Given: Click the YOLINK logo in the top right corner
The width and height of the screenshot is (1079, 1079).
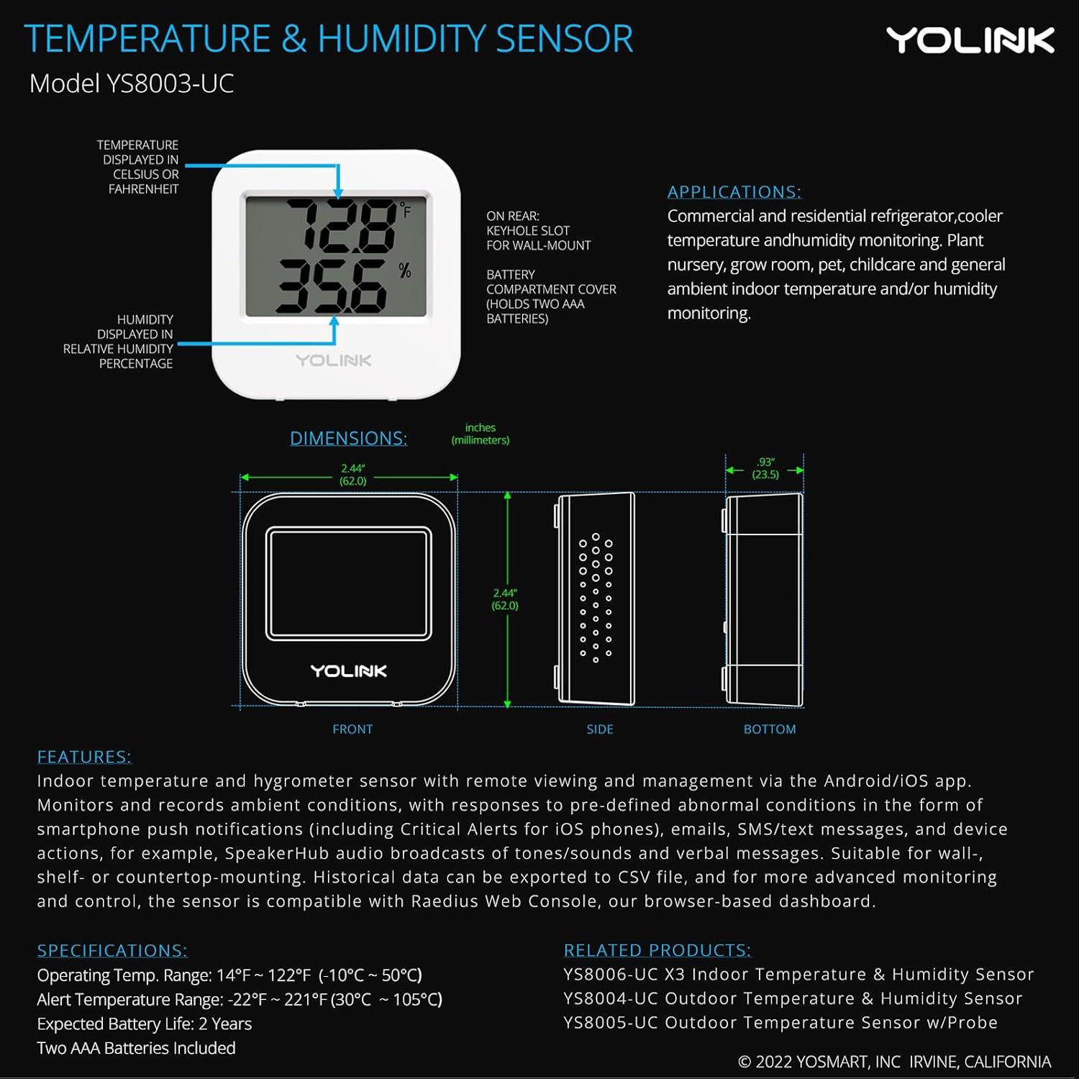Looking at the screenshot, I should click(x=970, y=40).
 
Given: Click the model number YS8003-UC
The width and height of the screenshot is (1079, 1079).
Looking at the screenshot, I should click(x=170, y=83).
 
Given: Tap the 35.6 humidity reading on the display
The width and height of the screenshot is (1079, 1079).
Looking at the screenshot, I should click(x=332, y=285).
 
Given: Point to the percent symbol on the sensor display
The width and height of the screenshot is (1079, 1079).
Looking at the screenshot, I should click(x=405, y=270).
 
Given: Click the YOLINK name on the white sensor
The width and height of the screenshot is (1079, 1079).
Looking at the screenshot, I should click(x=334, y=360).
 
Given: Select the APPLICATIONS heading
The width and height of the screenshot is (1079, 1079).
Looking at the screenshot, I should click(x=734, y=192).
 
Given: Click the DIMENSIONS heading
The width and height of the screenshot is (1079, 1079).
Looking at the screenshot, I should click(x=348, y=438).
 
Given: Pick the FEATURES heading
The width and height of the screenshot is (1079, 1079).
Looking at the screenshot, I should click(x=84, y=757).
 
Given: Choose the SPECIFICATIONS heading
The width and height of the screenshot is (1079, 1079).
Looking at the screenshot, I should click(x=112, y=950).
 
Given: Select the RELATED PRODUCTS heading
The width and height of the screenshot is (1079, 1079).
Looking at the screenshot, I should click(x=657, y=950).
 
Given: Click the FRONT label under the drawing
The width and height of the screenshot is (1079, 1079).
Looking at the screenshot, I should click(x=352, y=729).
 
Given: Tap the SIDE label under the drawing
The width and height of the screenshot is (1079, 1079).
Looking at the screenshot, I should click(x=600, y=729).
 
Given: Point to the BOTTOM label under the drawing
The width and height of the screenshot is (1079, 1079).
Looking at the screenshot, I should click(x=770, y=729).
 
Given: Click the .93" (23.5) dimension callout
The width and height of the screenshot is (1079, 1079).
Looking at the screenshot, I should click(x=765, y=468).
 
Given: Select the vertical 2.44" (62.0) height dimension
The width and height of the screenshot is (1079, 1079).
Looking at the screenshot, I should click(x=505, y=599).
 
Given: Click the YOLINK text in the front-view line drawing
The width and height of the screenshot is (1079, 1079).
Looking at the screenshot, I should click(x=349, y=671).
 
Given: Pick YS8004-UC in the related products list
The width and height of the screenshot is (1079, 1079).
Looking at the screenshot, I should click(x=611, y=998).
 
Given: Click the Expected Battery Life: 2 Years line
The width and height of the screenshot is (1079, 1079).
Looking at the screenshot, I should click(x=145, y=1024).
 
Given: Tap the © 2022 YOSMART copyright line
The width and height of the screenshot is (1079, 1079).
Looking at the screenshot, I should click(x=894, y=1062).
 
